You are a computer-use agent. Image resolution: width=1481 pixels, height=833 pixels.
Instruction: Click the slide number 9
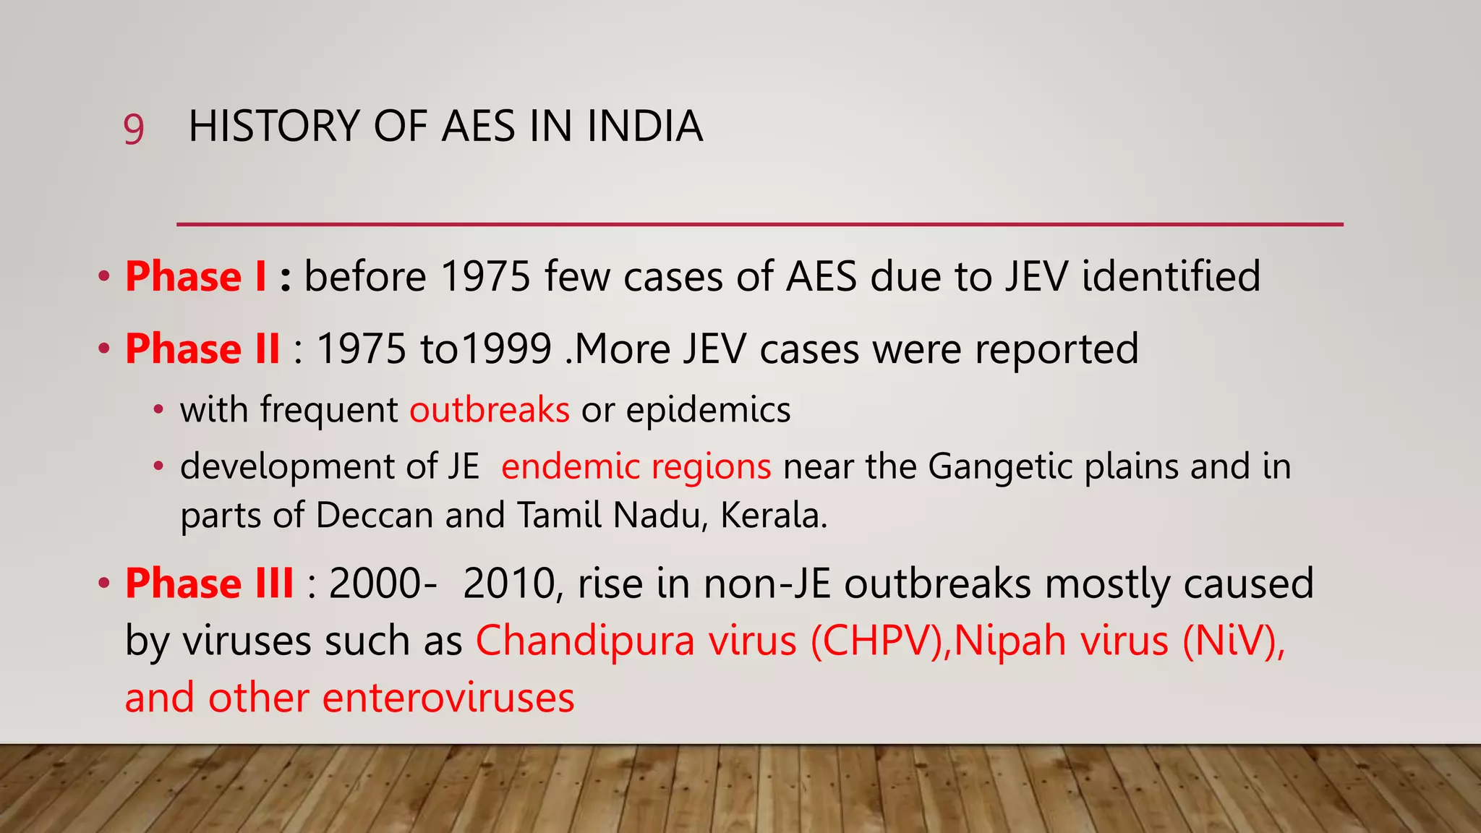[134, 130]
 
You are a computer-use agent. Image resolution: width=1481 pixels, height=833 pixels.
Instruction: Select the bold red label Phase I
[196, 277]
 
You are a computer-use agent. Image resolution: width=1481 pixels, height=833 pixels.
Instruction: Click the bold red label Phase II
[202, 349]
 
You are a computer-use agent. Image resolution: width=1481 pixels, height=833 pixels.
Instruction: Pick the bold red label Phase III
[210, 584]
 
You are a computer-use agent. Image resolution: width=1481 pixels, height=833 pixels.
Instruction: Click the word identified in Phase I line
[1171, 277]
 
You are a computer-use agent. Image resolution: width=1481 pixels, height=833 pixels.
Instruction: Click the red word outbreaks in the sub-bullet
[490, 410]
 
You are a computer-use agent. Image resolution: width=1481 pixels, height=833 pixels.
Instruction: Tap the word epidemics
[708, 410]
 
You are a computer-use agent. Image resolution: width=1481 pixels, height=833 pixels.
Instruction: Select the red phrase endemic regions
[636, 466]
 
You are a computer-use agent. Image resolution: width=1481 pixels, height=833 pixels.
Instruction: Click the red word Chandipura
[585, 641]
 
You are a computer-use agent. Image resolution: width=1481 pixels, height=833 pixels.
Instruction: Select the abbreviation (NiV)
[1233, 641]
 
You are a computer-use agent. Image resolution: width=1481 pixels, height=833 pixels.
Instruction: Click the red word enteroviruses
[448, 699]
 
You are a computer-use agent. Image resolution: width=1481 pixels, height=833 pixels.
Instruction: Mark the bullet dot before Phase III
[105, 583]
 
